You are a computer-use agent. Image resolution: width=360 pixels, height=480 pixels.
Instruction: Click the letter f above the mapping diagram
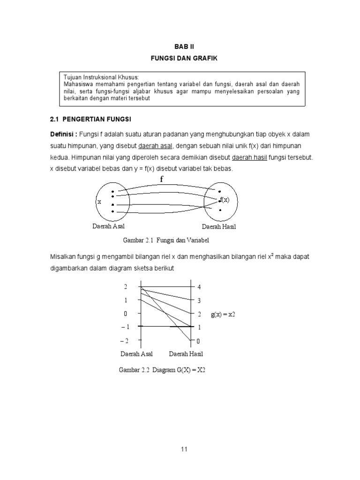click(x=162, y=179)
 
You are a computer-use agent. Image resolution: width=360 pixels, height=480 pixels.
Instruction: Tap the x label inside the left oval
click(x=99, y=201)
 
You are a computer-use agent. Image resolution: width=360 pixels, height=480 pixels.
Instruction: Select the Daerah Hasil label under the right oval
click(x=219, y=227)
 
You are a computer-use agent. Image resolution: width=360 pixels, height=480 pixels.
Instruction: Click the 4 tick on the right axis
click(x=199, y=287)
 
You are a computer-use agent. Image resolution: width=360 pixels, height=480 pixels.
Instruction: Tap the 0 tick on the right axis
click(x=198, y=341)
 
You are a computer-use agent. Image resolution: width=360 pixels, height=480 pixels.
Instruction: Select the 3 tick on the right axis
click(x=199, y=300)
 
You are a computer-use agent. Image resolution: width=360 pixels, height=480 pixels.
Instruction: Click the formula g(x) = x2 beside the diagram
click(x=222, y=314)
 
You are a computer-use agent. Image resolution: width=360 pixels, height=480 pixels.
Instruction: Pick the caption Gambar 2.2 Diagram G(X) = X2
click(x=162, y=370)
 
